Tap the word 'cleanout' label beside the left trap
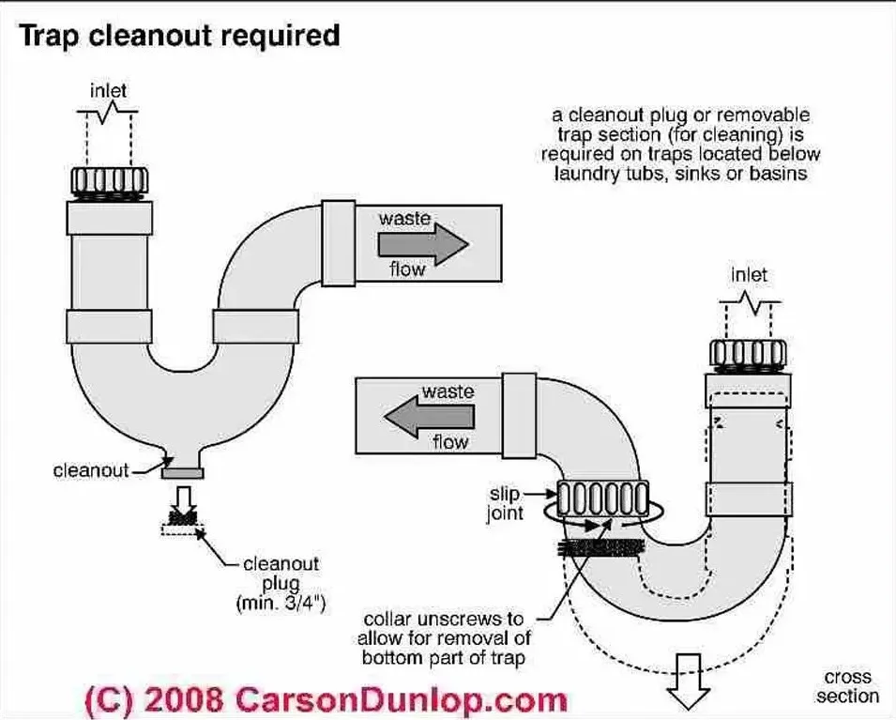(90, 470)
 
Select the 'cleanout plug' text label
(281, 574)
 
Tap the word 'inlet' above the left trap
(109, 91)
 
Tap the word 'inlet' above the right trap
(748, 275)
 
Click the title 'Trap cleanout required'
(180, 37)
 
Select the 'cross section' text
(847, 686)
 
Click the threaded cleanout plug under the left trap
(184, 517)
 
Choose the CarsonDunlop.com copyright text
(327, 699)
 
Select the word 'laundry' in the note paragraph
(585, 174)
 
